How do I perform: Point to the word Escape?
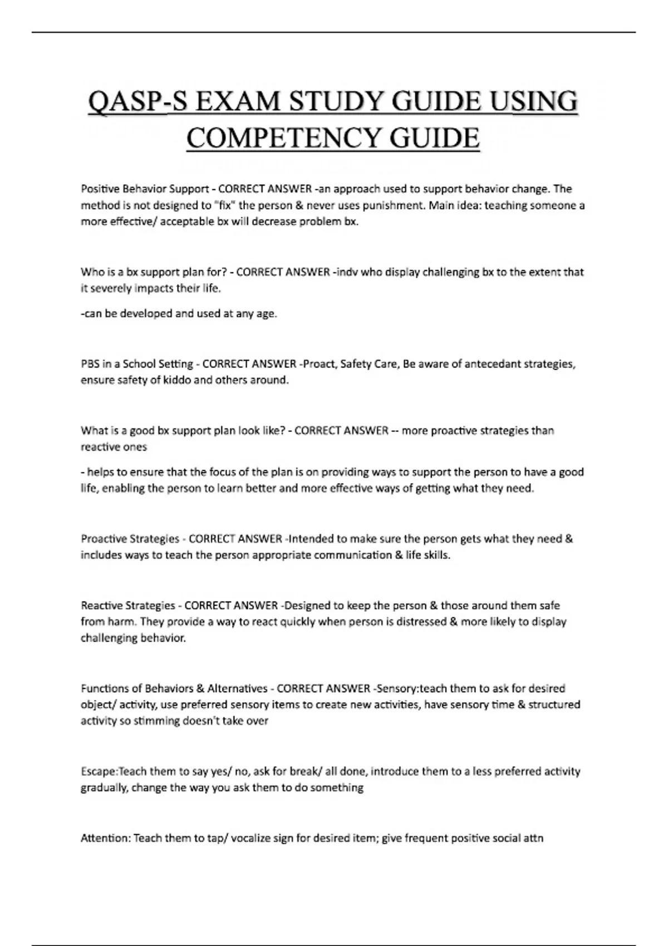point(99,772)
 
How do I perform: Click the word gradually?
point(104,788)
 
